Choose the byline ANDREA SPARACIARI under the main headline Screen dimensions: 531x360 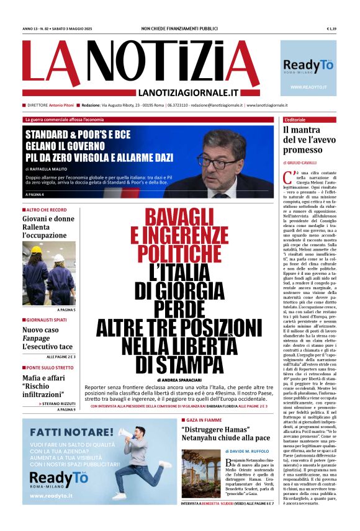(x=182, y=380)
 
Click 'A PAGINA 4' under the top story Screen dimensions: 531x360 (x=35, y=195)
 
